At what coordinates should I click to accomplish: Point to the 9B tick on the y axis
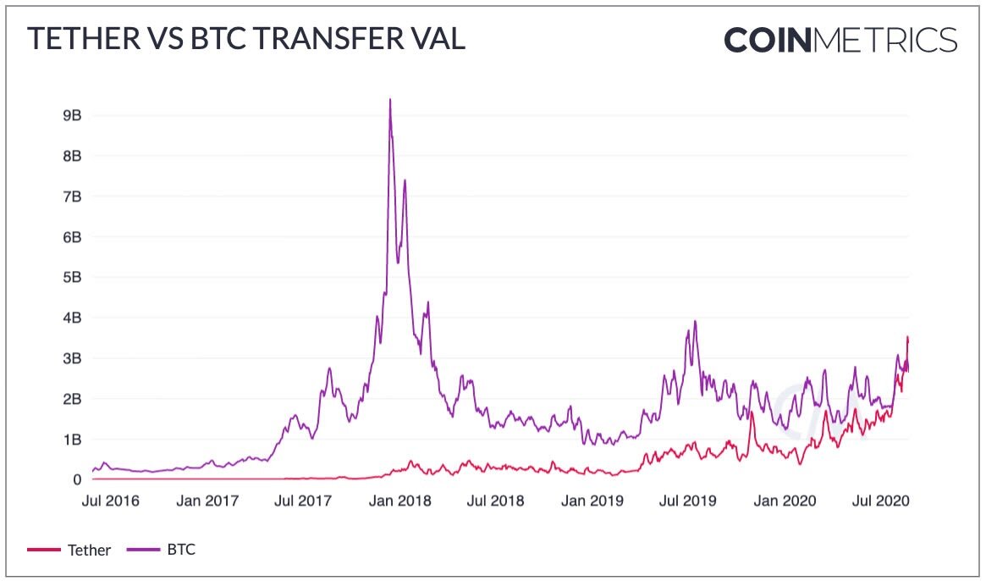(71, 115)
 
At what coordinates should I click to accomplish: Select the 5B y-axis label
(71, 277)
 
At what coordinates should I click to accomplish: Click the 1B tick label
(71, 439)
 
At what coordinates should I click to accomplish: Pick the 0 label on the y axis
(76, 479)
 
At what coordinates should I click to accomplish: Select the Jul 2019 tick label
(688, 501)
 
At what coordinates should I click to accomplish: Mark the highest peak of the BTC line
(389, 100)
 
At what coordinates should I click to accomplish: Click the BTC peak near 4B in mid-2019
(695, 322)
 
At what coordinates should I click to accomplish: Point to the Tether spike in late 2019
(751, 412)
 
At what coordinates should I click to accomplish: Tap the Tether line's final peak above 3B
(907, 338)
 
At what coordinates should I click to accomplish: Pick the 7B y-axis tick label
(71, 196)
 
